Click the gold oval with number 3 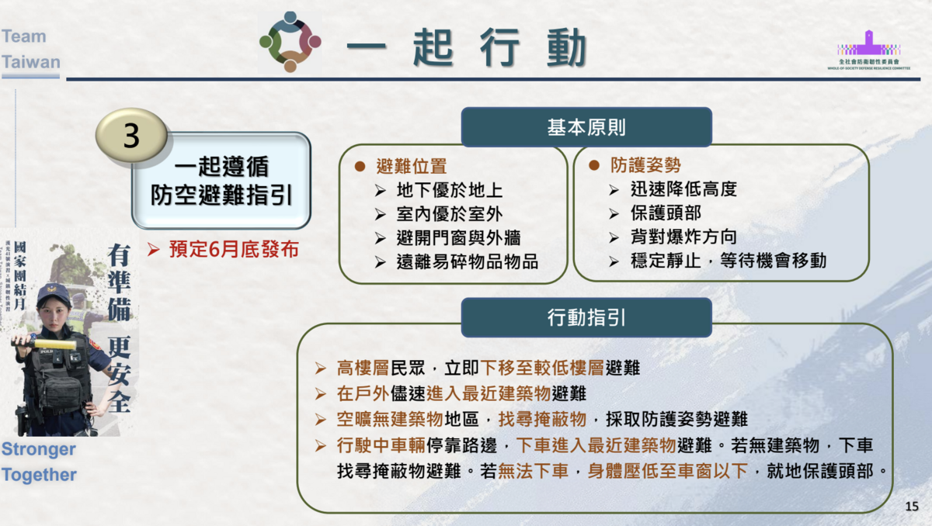[x=131, y=136]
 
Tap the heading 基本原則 [x=586, y=127]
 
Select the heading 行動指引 [x=586, y=317]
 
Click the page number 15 [x=912, y=507]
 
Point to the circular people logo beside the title [x=290, y=42]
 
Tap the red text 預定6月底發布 [x=233, y=251]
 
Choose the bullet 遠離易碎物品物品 [x=467, y=261]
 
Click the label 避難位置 [x=411, y=165]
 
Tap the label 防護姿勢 [x=645, y=165]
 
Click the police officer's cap [x=53, y=292]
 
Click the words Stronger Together [x=39, y=462]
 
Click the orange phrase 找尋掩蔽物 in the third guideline [x=541, y=420]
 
